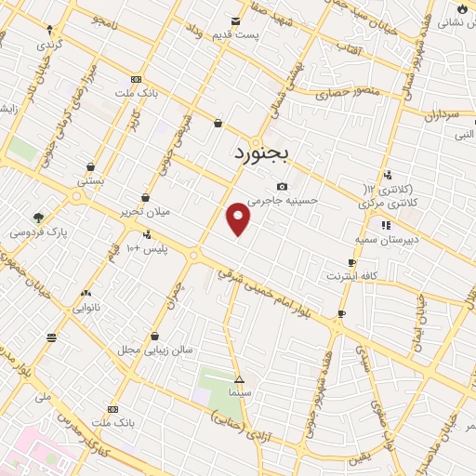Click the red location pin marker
tap(239, 218)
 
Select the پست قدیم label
tap(258, 33)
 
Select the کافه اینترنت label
tap(351, 276)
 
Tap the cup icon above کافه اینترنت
tap(351, 263)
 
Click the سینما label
tap(239, 393)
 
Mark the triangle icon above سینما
tap(239, 379)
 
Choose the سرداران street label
tap(430, 116)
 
